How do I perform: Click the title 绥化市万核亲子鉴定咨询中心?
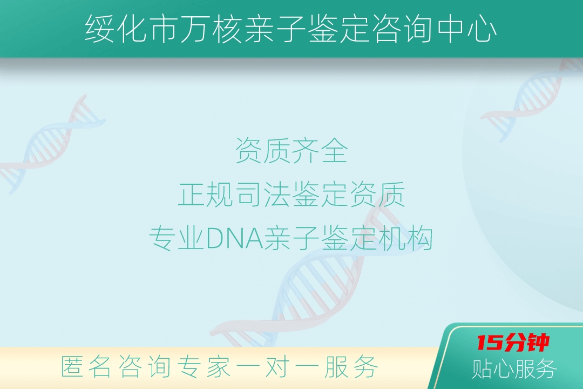pyautogui.click(x=291, y=29)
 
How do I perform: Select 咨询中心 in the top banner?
pyautogui.click(x=435, y=29)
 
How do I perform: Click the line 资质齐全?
pyautogui.click(x=291, y=150)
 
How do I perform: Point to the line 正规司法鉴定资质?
pyautogui.click(x=291, y=194)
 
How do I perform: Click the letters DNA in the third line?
pyautogui.click(x=234, y=238)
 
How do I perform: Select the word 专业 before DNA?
pyautogui.click(x=177, y=238)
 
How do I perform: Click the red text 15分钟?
pyautogui.click(x=513, y=343)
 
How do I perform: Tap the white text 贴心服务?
pyautogui.click(x=514, y=369)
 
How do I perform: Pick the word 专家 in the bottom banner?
pyautogui.click(x=204, y=367)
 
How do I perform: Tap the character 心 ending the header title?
pyautogui.click(x=482, y=29)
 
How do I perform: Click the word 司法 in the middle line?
pyautogui.click(x=263, y=194)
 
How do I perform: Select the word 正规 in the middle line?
pyautogui.click(x=206, y=194)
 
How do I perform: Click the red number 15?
pyautogui.click(x=489, y=343)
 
